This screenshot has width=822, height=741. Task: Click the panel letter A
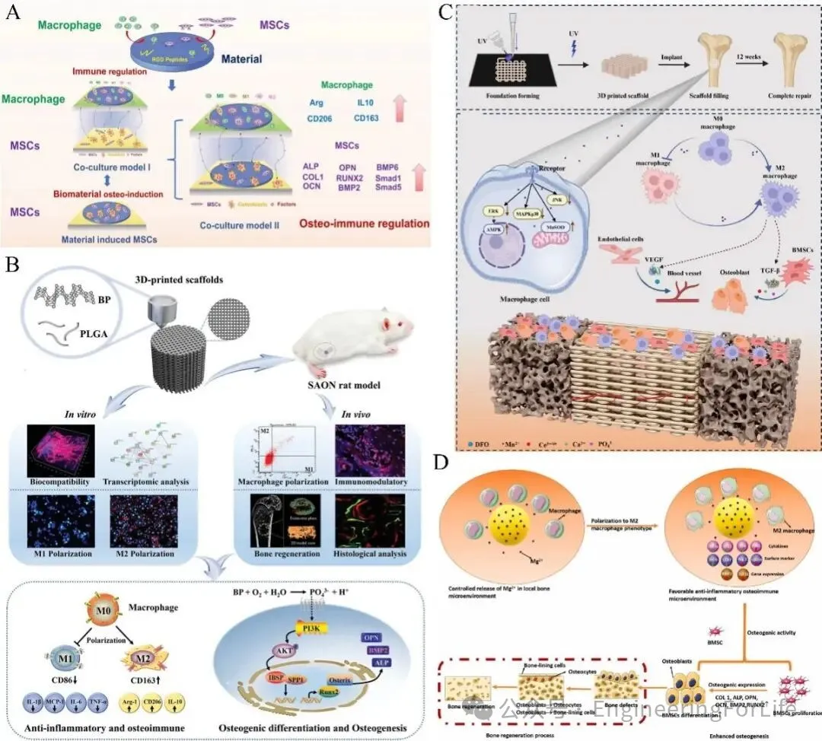click(14, 13)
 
